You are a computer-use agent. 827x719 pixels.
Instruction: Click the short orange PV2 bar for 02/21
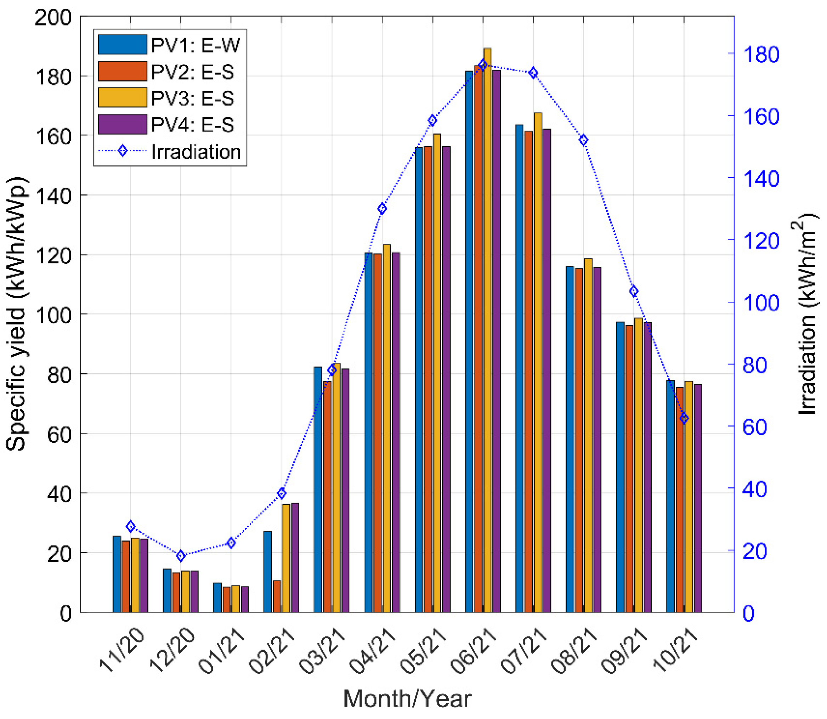coord(277,596)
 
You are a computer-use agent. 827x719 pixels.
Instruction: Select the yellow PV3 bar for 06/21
coord(488,329)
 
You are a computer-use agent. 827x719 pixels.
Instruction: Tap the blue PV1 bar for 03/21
coord(318,489)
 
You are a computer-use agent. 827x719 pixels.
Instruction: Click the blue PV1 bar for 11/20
coord(117,574)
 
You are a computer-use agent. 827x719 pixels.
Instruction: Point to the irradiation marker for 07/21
coord(533,73)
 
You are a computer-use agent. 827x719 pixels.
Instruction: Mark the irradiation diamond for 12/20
coord(181,556)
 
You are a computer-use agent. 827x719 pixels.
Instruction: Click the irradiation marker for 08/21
coord(584,140)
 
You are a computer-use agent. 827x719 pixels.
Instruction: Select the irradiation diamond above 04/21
coord(383,209)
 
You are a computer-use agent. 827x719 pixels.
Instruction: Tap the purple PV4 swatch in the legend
coord(123,125)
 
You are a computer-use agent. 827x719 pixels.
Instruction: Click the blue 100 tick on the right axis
coord(760,303)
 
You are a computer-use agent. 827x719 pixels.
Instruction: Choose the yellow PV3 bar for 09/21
coord(639,465)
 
